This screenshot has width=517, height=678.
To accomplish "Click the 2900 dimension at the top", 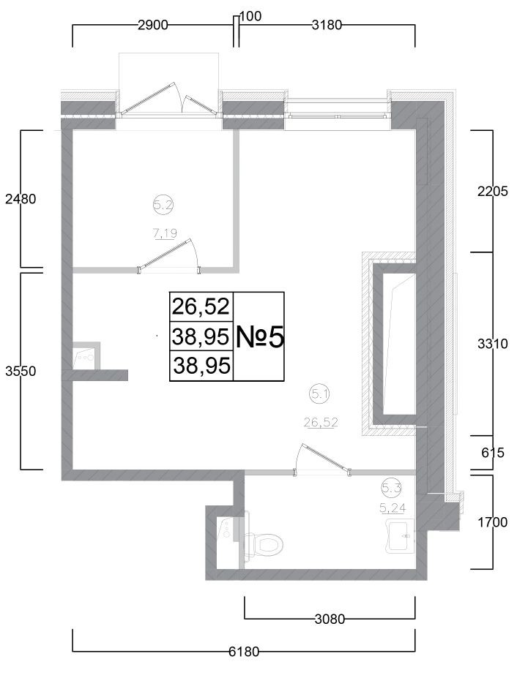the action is coord(152,25).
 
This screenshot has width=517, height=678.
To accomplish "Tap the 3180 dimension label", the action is coord(327,25).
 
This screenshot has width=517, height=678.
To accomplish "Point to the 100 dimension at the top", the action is coord(250,16).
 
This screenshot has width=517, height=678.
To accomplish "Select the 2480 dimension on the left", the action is coord(21,200).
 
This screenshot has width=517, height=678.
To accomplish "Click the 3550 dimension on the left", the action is coord(21,371).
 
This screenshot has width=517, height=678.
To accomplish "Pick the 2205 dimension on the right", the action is coord(492,191).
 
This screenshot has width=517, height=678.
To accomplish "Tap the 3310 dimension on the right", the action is coord(492,344).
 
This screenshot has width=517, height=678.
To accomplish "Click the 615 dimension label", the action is coord(493,453).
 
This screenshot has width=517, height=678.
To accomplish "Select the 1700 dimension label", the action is coord(492,522).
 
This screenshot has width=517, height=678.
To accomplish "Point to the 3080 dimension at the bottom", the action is coord(330,619).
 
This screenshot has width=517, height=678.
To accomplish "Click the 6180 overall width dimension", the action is coord(244,652).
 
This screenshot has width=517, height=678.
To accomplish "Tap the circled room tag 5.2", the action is coord(163,206).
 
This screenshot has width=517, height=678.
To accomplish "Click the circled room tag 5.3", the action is coord(392,488).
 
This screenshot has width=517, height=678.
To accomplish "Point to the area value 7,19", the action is coord(165,233).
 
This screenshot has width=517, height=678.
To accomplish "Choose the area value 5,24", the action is coord(393,508).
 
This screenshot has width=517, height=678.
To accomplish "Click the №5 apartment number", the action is coord(260,338).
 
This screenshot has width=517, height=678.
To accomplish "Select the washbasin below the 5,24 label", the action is coord(401,536).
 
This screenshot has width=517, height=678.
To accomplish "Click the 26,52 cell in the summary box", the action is coord(201,306).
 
